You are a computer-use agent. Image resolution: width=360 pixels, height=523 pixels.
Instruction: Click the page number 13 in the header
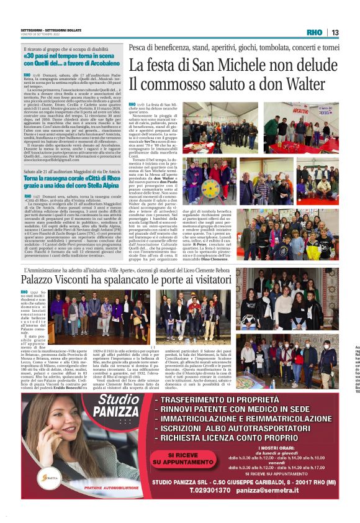click(335, 32)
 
